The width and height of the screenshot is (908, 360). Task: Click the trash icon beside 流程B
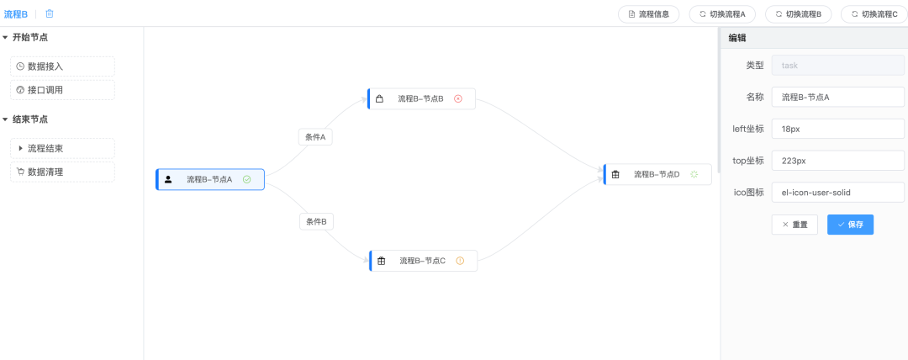pos(50,13)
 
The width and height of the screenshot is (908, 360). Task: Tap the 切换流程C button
pos(874,14)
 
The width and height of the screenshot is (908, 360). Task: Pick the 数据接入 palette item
pos(62,66)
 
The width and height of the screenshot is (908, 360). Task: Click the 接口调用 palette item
pos(62,90)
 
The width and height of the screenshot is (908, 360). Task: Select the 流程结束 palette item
pos(62,148)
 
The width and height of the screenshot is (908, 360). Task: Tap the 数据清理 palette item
pos(62,172)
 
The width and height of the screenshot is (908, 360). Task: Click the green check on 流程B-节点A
pos(246,180)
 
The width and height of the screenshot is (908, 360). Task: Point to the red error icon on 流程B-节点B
pos(458,98)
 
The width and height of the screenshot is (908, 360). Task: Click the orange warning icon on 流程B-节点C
pos(460,261)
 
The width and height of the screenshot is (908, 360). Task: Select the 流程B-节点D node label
pos(657,174)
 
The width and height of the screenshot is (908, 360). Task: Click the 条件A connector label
pos(315,137)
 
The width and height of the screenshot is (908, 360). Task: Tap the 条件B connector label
pos(316,221)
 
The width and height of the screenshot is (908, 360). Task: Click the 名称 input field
pos(838,97)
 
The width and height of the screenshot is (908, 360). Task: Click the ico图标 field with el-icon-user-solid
pos(838,193)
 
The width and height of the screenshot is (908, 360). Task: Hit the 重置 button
pos(794,225)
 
